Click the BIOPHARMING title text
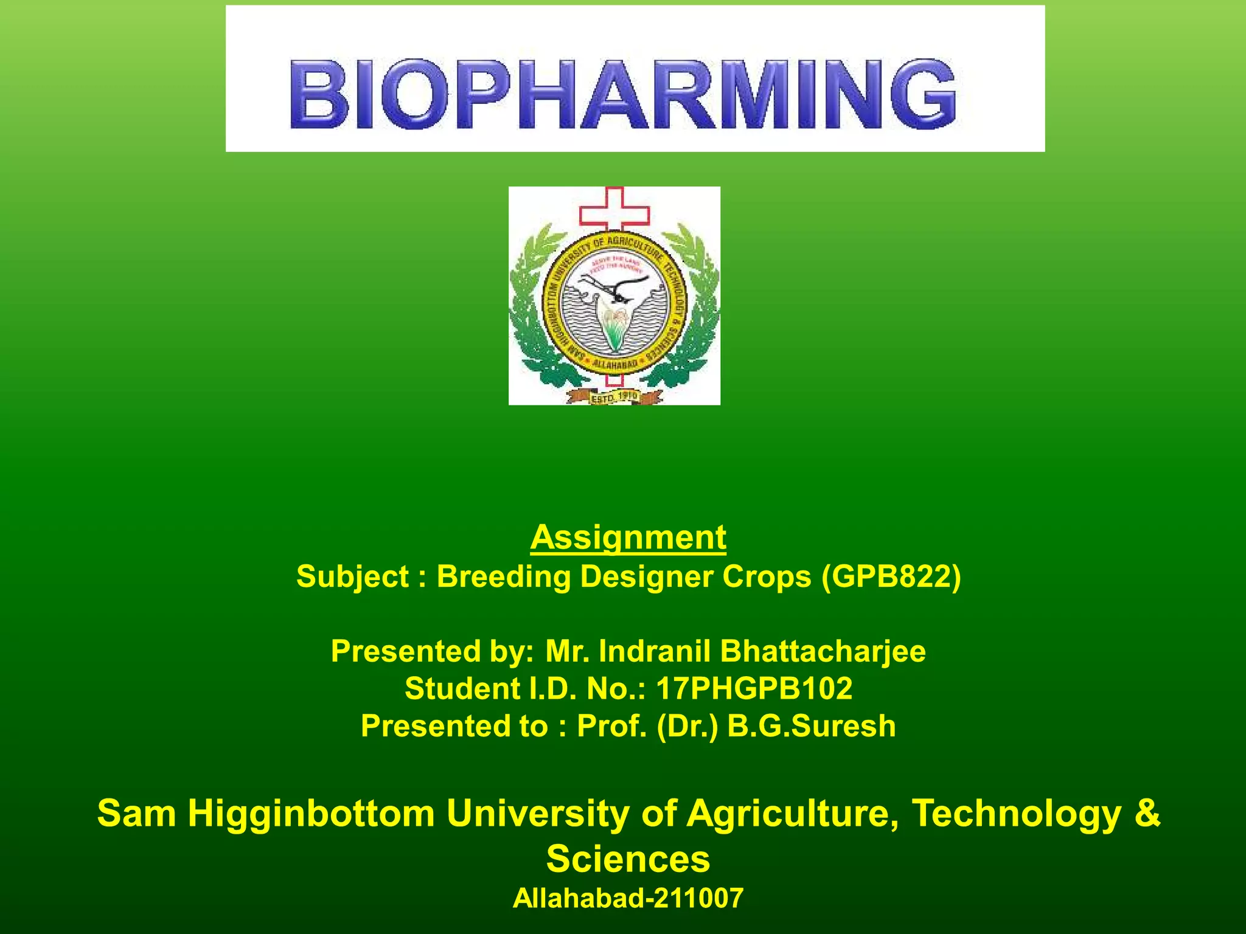(623, 94)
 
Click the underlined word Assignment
(628, 538)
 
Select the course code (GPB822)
(891, 576)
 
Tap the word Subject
(352, 576)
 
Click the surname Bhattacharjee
(823, 651)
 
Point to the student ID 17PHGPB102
(754, 689)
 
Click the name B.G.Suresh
(812, 726)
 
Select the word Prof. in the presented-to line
(612, 726)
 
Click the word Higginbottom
(311, 814)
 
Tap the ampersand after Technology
(1147, 814)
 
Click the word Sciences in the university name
(628, 859)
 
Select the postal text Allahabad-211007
(628, 898)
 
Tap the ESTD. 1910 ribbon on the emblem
(614, 397)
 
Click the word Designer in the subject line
(646, 576)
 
